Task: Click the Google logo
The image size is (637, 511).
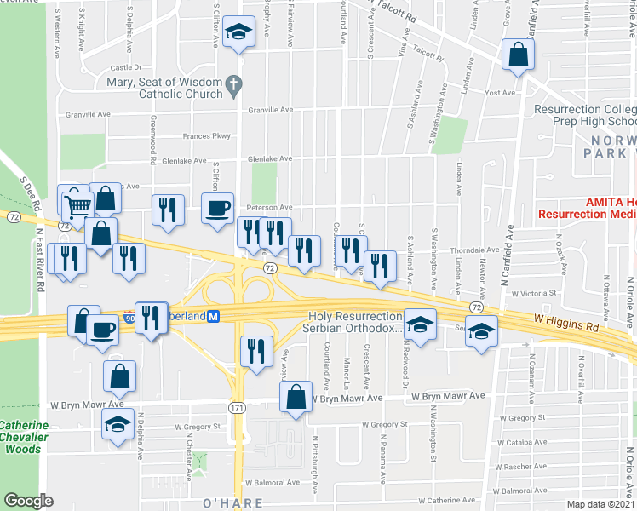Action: tap(28, 500)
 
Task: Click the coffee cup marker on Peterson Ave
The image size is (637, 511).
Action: tap(218, 207)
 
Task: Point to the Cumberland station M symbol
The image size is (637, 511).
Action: tap(215, 316)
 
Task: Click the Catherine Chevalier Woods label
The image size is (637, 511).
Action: tap(25, 436)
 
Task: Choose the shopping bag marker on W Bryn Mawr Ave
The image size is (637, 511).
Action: tap(296, 397)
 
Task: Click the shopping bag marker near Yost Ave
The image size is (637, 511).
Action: tap(517, 55)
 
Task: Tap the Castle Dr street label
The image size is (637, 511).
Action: tap(125, 67)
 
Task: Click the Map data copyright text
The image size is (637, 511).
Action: tap(600, 504)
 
